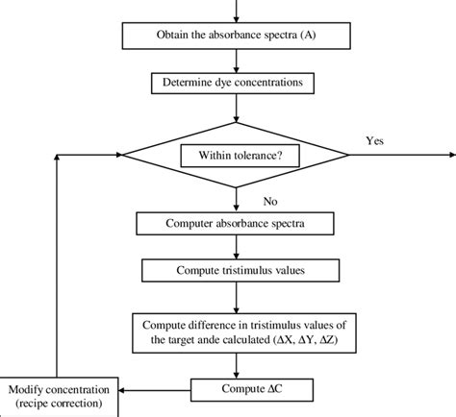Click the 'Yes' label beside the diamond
(x=375, y=140)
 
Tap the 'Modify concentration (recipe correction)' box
(x=60, y=398)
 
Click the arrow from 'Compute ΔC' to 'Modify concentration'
(x=154, y=390)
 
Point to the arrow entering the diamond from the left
(x=96, y=155)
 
